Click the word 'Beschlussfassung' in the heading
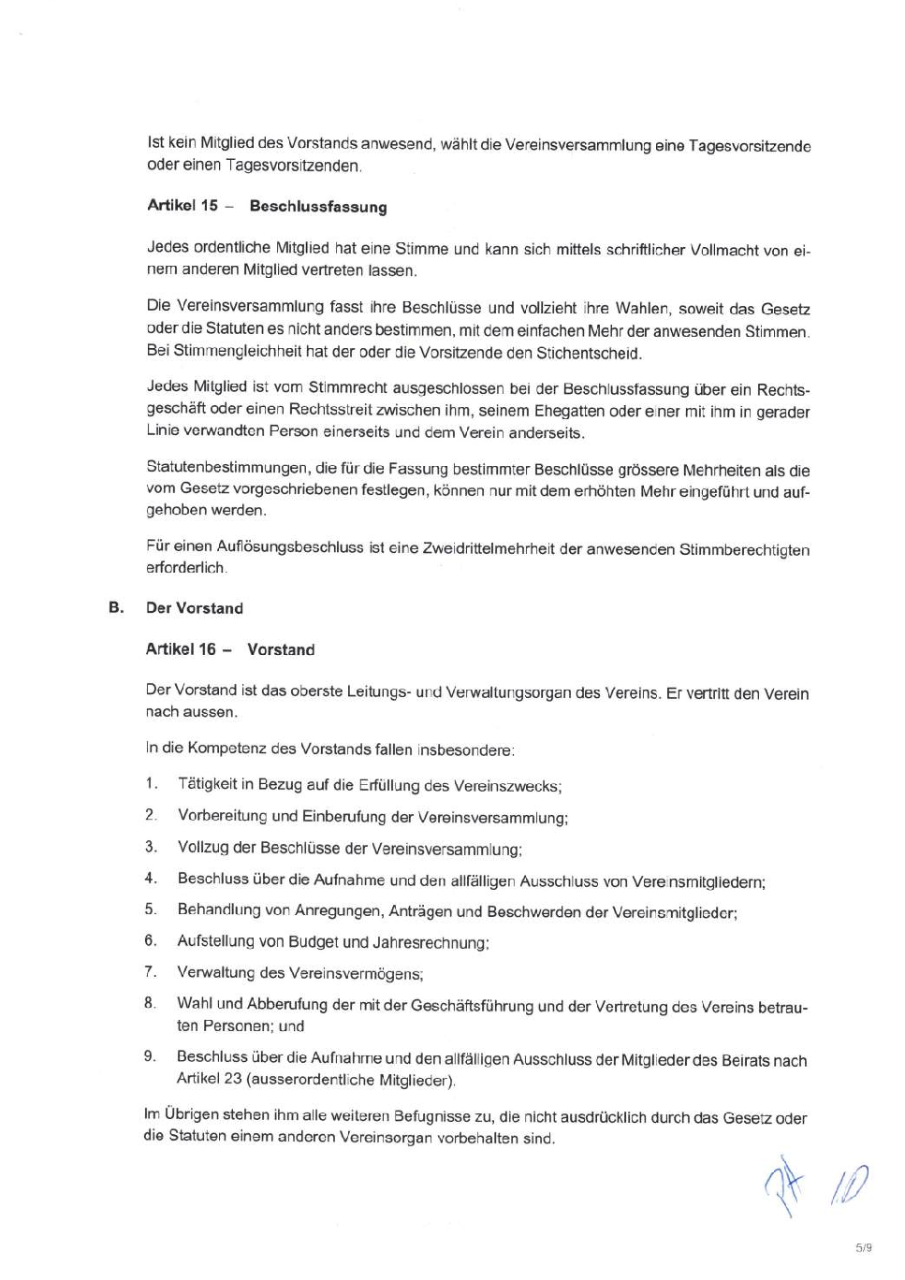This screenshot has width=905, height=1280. tap(318, 207)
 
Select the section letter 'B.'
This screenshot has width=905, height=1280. tap(116, 607)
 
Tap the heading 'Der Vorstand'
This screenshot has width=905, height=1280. tap(195, 608)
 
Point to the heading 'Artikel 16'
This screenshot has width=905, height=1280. tap(181, 649)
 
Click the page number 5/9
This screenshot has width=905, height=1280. tap(863, 1247)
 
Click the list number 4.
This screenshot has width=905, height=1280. tap(150, 878)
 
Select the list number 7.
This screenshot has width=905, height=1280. tap(150, 971)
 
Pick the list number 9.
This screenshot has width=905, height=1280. tap(150, 1055)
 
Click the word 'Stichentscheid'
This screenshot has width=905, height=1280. tap(589, 354)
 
